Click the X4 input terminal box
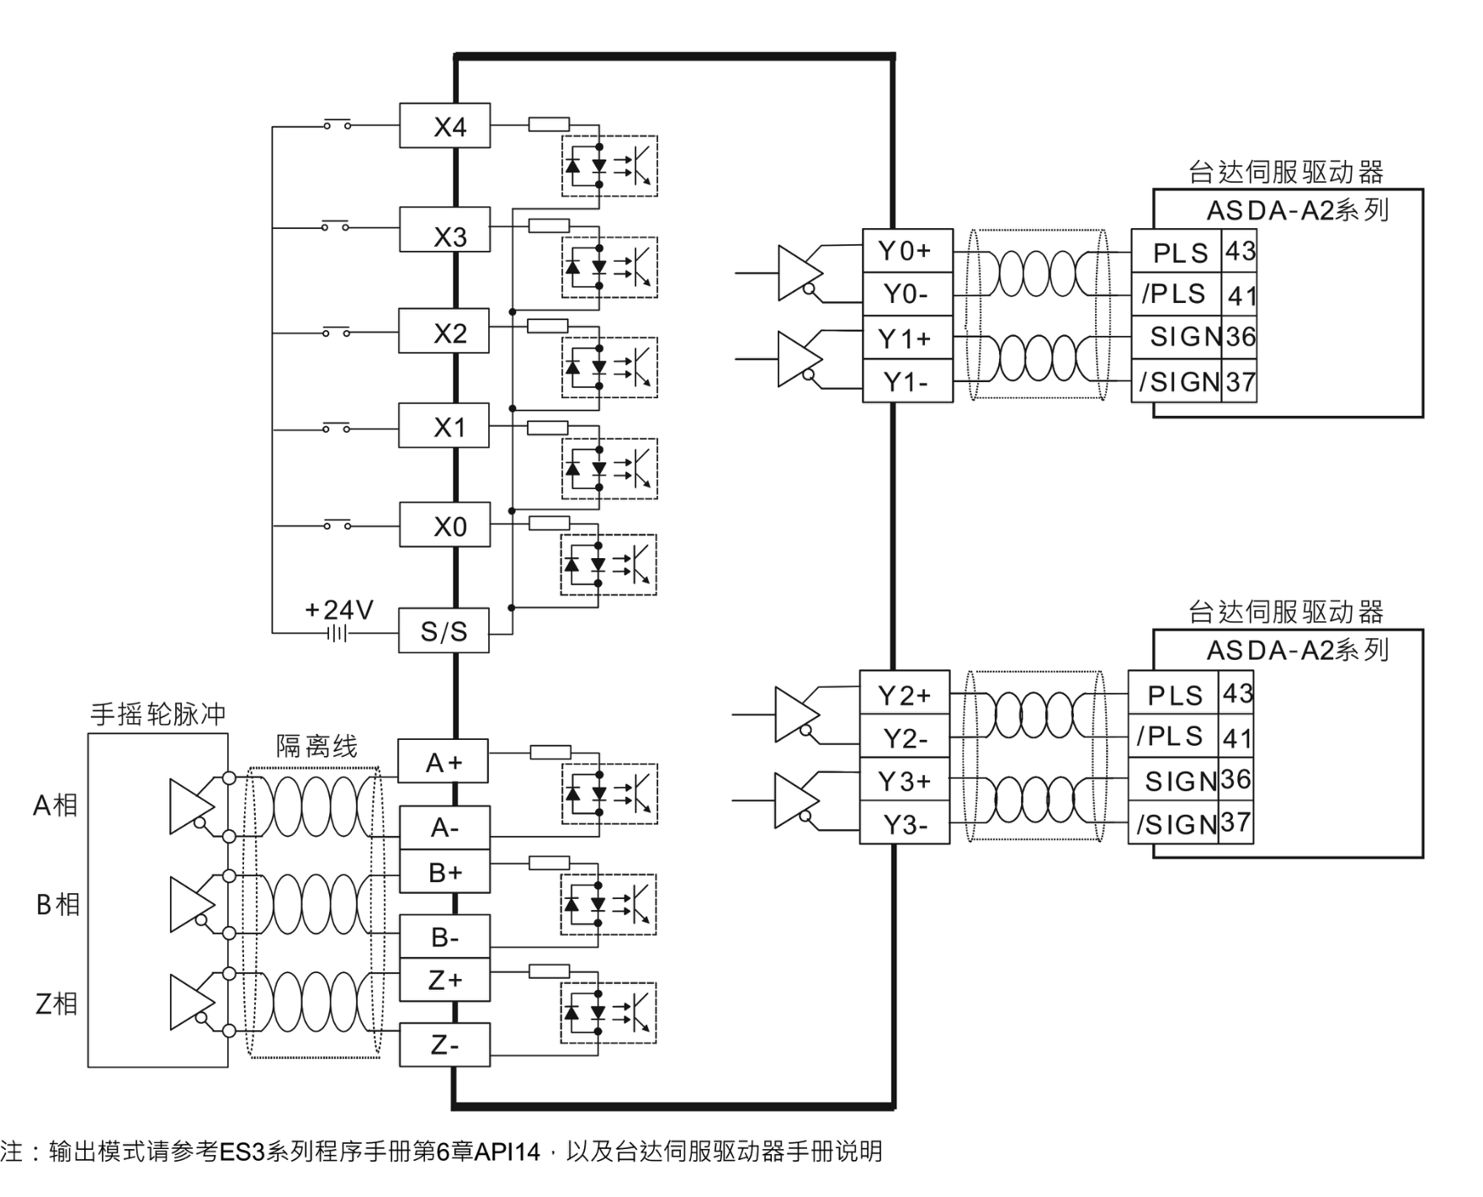(444, 126)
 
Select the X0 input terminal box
(444, 526)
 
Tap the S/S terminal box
(444, 631)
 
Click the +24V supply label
(338, 609)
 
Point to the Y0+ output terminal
(906, 251)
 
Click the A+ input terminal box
(443, 762)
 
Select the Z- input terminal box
(444, 1045)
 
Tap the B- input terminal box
(444, 936)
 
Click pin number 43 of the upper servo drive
(1240, 251)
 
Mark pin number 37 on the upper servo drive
(1240, 382)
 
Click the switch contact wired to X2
(336, 332)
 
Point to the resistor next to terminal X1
(548, 428)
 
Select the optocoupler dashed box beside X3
(609, 268)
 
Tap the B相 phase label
(57, 904)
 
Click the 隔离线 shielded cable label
(316, 746)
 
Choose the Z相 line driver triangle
(190, 1002)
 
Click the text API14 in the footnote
(507, 1152)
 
